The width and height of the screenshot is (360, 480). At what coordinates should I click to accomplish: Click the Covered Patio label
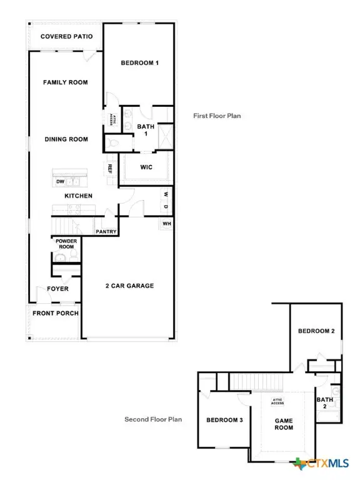66,37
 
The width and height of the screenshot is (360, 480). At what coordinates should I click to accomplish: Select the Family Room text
65,82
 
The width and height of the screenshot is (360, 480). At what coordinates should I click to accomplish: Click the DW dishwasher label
61,182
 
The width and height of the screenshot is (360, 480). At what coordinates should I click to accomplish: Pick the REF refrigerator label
109,168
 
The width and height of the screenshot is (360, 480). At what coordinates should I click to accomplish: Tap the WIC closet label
147,167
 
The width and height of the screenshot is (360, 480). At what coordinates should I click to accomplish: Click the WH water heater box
167,224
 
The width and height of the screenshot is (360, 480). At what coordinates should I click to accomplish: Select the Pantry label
106,232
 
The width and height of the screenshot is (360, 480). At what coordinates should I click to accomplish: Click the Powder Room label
65,244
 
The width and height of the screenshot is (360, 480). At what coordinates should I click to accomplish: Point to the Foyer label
58,289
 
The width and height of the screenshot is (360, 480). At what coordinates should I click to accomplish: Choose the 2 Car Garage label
129,286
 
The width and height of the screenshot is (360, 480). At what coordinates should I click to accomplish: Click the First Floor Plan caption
217,116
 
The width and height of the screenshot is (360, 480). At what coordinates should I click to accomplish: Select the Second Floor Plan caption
153,419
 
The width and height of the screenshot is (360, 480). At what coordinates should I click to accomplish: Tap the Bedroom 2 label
316,331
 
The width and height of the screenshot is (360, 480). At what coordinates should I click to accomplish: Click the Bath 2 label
324,403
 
